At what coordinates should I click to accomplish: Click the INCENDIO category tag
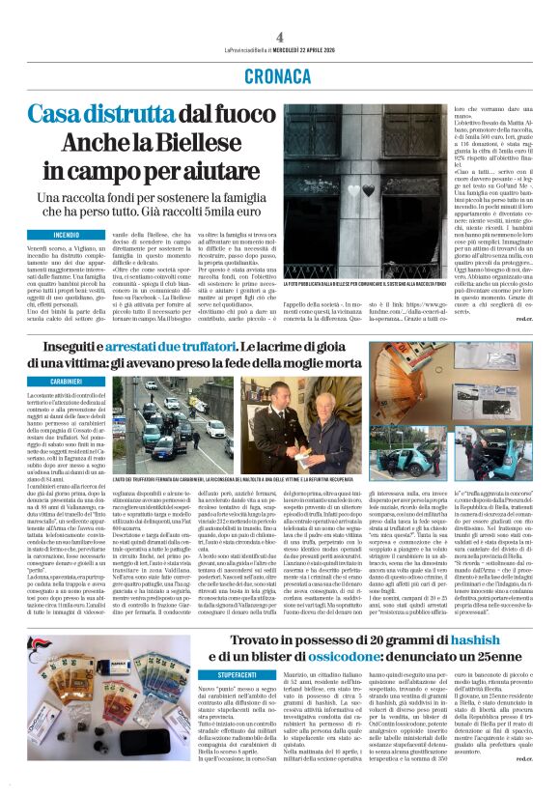[67, 235]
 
